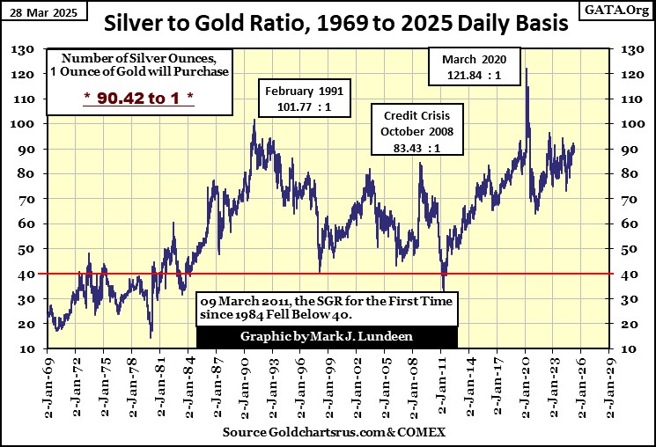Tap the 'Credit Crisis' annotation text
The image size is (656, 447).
pyautogui.click(x=417, y=116)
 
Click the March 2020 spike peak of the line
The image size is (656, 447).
pyautogui.click(x=526, y=69)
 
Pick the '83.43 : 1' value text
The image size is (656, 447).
pyautogui.click(x=417, y=148)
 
